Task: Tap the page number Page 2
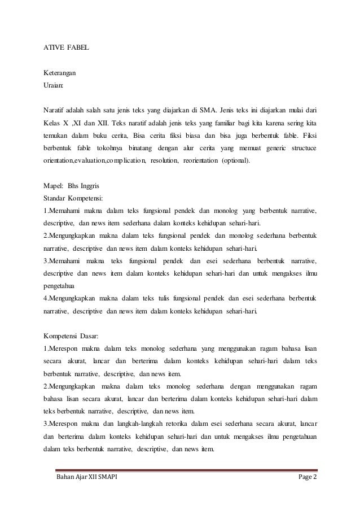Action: click(308, 480)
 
